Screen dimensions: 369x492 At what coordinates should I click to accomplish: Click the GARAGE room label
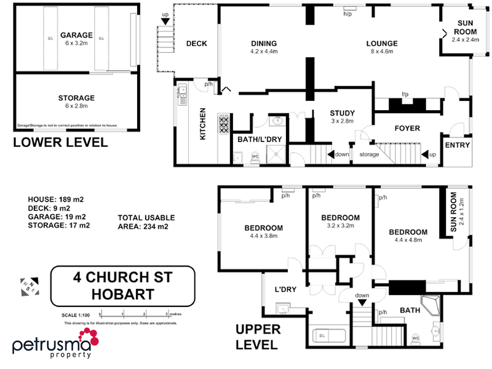[x=76, y=36]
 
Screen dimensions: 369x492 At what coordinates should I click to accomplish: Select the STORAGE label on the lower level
[x=76, y=98]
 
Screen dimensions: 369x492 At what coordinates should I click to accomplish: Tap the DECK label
[x=196, y=44]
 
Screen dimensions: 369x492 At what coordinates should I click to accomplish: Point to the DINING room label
[x=264, y=44]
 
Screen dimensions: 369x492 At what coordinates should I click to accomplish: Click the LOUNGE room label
[x=382, y=44]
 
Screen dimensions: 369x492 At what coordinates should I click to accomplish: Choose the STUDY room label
[x=341, y=113]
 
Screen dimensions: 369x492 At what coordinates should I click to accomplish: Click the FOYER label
[x=406, y=129]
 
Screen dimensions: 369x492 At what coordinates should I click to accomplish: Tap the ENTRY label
[x=456, y=146]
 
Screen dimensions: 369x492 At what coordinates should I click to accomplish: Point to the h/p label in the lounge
[x=347, y=14]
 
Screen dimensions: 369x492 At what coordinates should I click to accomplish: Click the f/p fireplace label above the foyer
[x=405, y=94]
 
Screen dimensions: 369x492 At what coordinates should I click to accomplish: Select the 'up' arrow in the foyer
[x=429, y=154]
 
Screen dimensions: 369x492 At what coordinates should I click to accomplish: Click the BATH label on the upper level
[x=410, y=311]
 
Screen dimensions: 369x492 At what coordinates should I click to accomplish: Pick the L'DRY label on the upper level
[x=285, y=288]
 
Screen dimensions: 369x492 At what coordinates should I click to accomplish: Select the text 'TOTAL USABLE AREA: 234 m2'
[x=146, y=222]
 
